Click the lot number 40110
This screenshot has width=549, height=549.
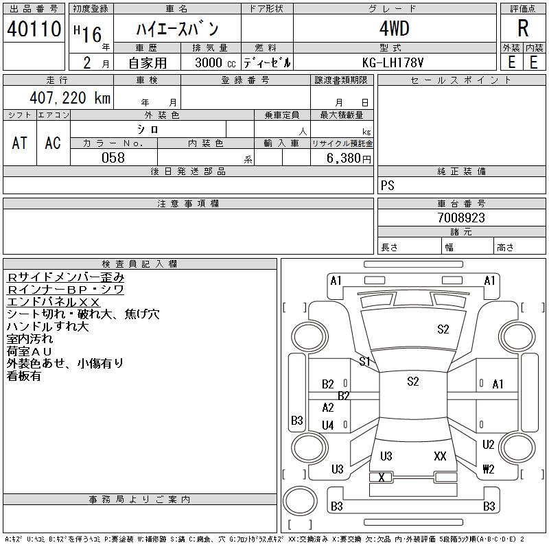pos(34,29)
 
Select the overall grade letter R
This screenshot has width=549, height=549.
pos(523,29)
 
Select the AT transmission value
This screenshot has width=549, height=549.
pos(20,143)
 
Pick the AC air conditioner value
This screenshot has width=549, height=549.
pos(53,143)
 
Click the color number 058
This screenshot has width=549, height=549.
pos(113,158)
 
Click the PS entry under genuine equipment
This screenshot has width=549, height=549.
pos(388,185)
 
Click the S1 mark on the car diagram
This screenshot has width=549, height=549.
pos(364,361)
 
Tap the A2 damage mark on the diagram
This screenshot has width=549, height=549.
pos(328,408)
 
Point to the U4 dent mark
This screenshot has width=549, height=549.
pos(328,425)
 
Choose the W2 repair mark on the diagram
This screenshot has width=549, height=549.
pos(489,469)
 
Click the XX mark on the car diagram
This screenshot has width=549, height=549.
pos(441,456)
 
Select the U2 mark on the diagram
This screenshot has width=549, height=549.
pos(489,445)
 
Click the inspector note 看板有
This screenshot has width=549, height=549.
pos(24,376)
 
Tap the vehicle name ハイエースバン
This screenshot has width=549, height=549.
pos(176,30)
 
